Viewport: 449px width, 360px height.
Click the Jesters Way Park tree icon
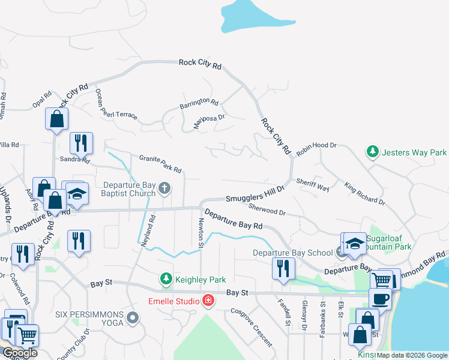coord(373,152)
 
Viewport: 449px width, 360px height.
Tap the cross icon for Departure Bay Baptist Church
coord(165,190)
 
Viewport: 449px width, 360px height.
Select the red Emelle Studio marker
coord(208,299)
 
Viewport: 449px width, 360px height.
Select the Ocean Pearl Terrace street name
coord(116,104)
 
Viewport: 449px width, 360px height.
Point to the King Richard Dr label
coord(364,193)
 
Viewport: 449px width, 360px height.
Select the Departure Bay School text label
coord(292,253)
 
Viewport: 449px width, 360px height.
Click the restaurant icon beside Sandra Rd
coord(80,143)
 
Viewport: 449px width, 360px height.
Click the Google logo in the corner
coord(19,353)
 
